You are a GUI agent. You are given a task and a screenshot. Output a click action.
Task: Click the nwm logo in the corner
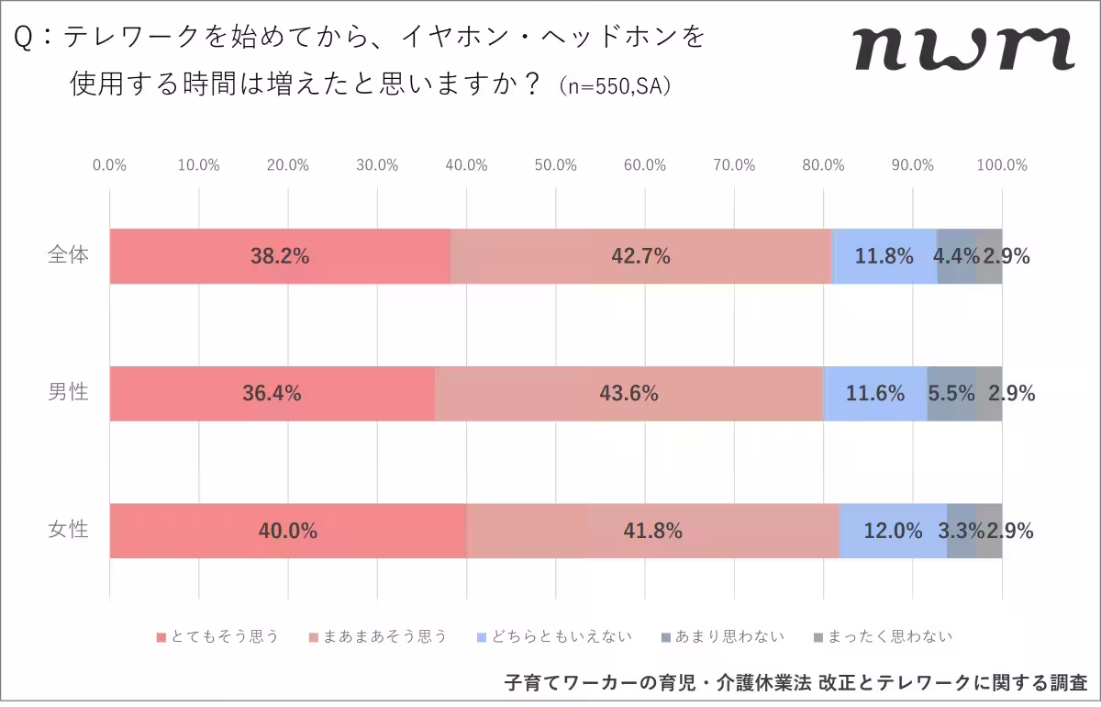(x=963, y=49)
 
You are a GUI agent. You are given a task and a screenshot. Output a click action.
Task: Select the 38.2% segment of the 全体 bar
(x=280, y=256)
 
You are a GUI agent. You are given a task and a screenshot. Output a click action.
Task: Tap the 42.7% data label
(x=640, y=256)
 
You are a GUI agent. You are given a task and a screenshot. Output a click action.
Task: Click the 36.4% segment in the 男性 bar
(x=272, y=394)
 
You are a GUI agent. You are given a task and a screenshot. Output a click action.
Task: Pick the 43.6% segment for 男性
(x=628, y=394)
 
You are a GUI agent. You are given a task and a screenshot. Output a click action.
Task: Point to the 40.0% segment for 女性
(x=288, y=531)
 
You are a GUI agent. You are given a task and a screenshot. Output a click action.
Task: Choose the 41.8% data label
(x=652, y=531)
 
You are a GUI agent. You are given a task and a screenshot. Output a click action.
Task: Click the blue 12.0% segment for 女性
(x=893, y=531)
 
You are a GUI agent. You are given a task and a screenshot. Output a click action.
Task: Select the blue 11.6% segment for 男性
(x=875, y=394)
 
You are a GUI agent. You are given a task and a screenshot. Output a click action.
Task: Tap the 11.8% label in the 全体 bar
(x=884, y=256)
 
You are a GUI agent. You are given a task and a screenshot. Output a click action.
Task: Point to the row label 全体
(x=68, y=255)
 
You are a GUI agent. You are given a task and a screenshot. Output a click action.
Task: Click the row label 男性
(x=68, y=392)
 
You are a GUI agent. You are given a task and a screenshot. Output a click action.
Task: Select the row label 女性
(x=68, y=530)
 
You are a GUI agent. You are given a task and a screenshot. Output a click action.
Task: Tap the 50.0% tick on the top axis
(x=555, y=165)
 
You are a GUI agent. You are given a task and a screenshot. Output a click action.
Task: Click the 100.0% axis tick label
(x=1001, y=165)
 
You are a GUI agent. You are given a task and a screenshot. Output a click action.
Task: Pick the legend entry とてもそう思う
(x=217, y=636)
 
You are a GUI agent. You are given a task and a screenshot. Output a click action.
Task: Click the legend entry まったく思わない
(x=883, y=636)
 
